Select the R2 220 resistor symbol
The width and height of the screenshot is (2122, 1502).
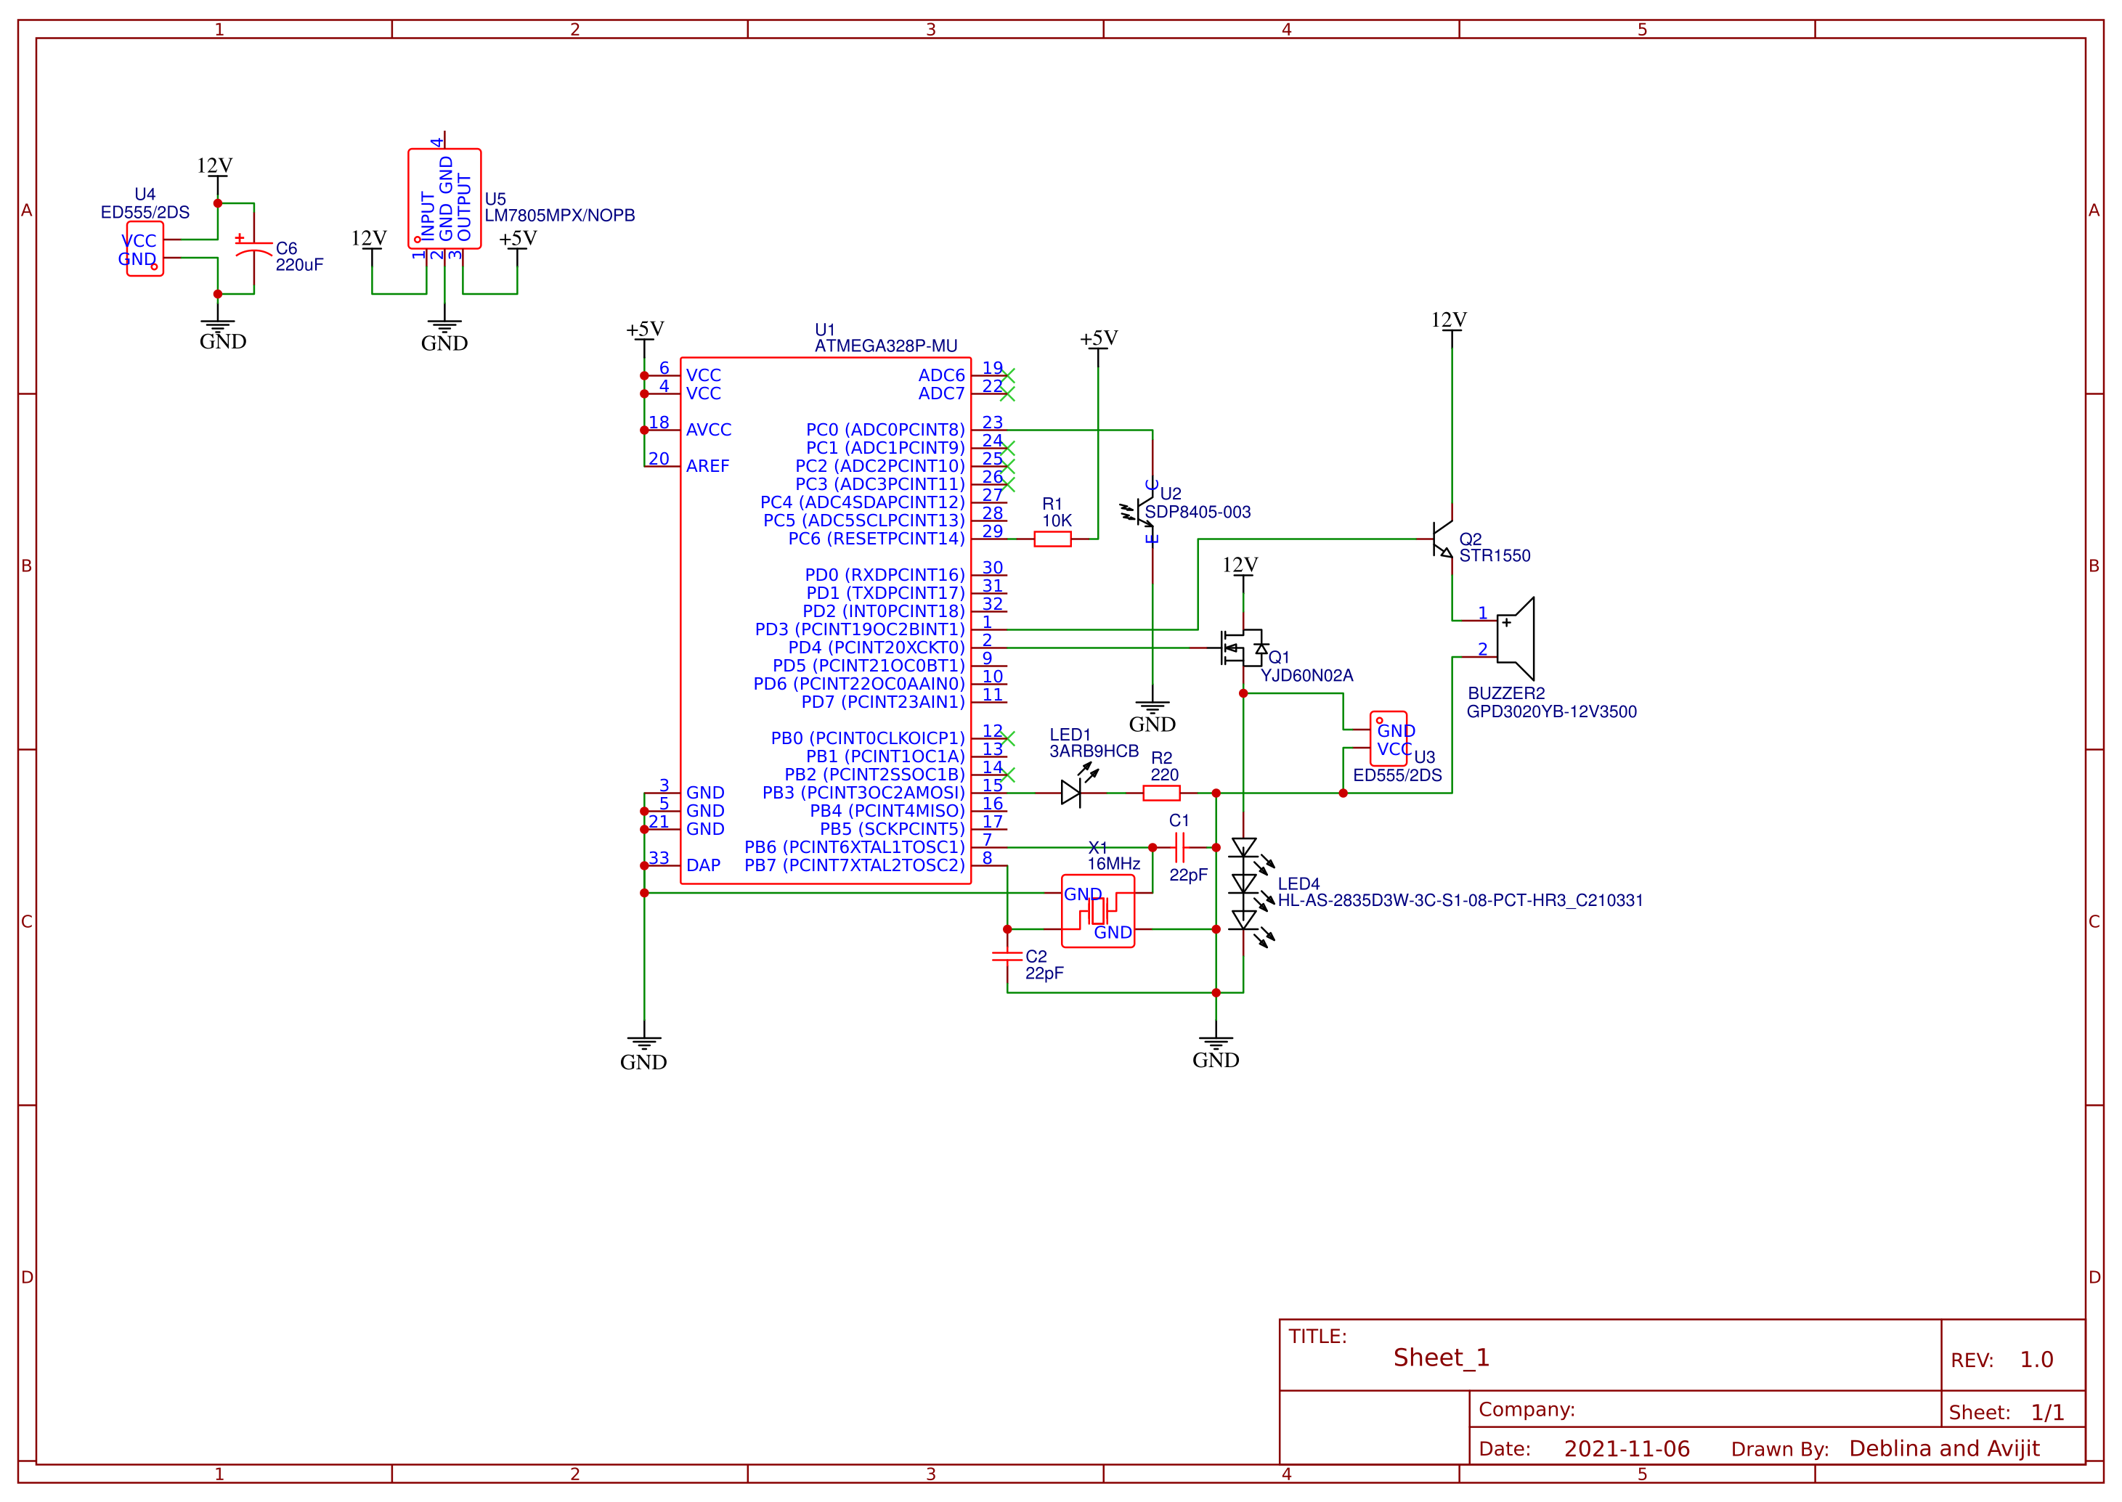[x=1161, y=793]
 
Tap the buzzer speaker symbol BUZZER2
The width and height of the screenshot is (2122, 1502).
[x=1515, y=639]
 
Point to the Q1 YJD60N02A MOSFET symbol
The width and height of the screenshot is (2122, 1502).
[x=1240, y=648]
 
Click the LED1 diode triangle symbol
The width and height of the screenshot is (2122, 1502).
[x=1071, y=793]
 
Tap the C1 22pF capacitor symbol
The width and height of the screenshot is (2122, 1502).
[x=1179, y=847]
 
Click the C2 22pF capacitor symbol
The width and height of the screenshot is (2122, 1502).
[x=1007, y=956]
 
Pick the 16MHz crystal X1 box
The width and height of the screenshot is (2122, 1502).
[x=1097, y=911]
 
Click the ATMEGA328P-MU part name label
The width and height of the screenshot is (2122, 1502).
[x=885, y=346]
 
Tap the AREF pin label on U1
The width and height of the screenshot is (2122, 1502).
[x=707, y=466]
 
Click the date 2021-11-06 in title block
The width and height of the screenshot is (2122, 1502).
[x=1626, y=1448]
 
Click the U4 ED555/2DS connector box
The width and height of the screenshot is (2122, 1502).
[x=145, y=249]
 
